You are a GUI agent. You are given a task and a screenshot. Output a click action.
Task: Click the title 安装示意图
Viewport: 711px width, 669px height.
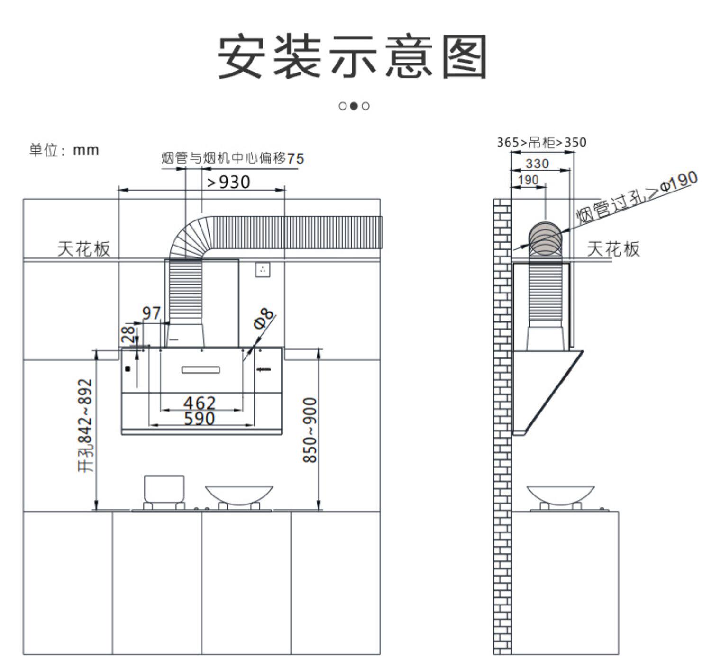pos(353,57)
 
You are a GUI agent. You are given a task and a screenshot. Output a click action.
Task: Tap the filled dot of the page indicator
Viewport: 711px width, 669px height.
pos(354,106)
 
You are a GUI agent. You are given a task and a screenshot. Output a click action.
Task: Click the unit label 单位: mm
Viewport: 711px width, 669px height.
pos(64,150)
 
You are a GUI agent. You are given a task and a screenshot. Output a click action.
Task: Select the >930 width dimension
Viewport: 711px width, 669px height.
pos(229,182)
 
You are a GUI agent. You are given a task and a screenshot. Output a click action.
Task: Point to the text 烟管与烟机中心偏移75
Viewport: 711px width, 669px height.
pos(232,158)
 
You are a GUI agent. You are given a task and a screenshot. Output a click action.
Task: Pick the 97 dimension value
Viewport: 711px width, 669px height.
pos(152,313)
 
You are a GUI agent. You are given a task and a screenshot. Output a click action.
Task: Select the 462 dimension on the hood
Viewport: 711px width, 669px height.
pos(200,403)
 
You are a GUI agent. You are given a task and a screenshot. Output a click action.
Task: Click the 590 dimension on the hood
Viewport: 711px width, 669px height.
pos(200,419)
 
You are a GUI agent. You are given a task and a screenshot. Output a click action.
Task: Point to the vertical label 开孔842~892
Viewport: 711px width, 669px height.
pos(85,425)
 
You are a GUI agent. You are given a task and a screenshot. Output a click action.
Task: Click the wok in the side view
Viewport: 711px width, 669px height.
pos(560,494)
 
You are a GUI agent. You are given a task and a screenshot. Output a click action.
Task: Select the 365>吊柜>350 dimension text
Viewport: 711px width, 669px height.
pos(541,142)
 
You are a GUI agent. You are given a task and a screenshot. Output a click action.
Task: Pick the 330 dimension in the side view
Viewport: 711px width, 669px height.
pos(537,164)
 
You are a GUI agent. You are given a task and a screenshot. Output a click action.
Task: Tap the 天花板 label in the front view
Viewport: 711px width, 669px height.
pos(84,248)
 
